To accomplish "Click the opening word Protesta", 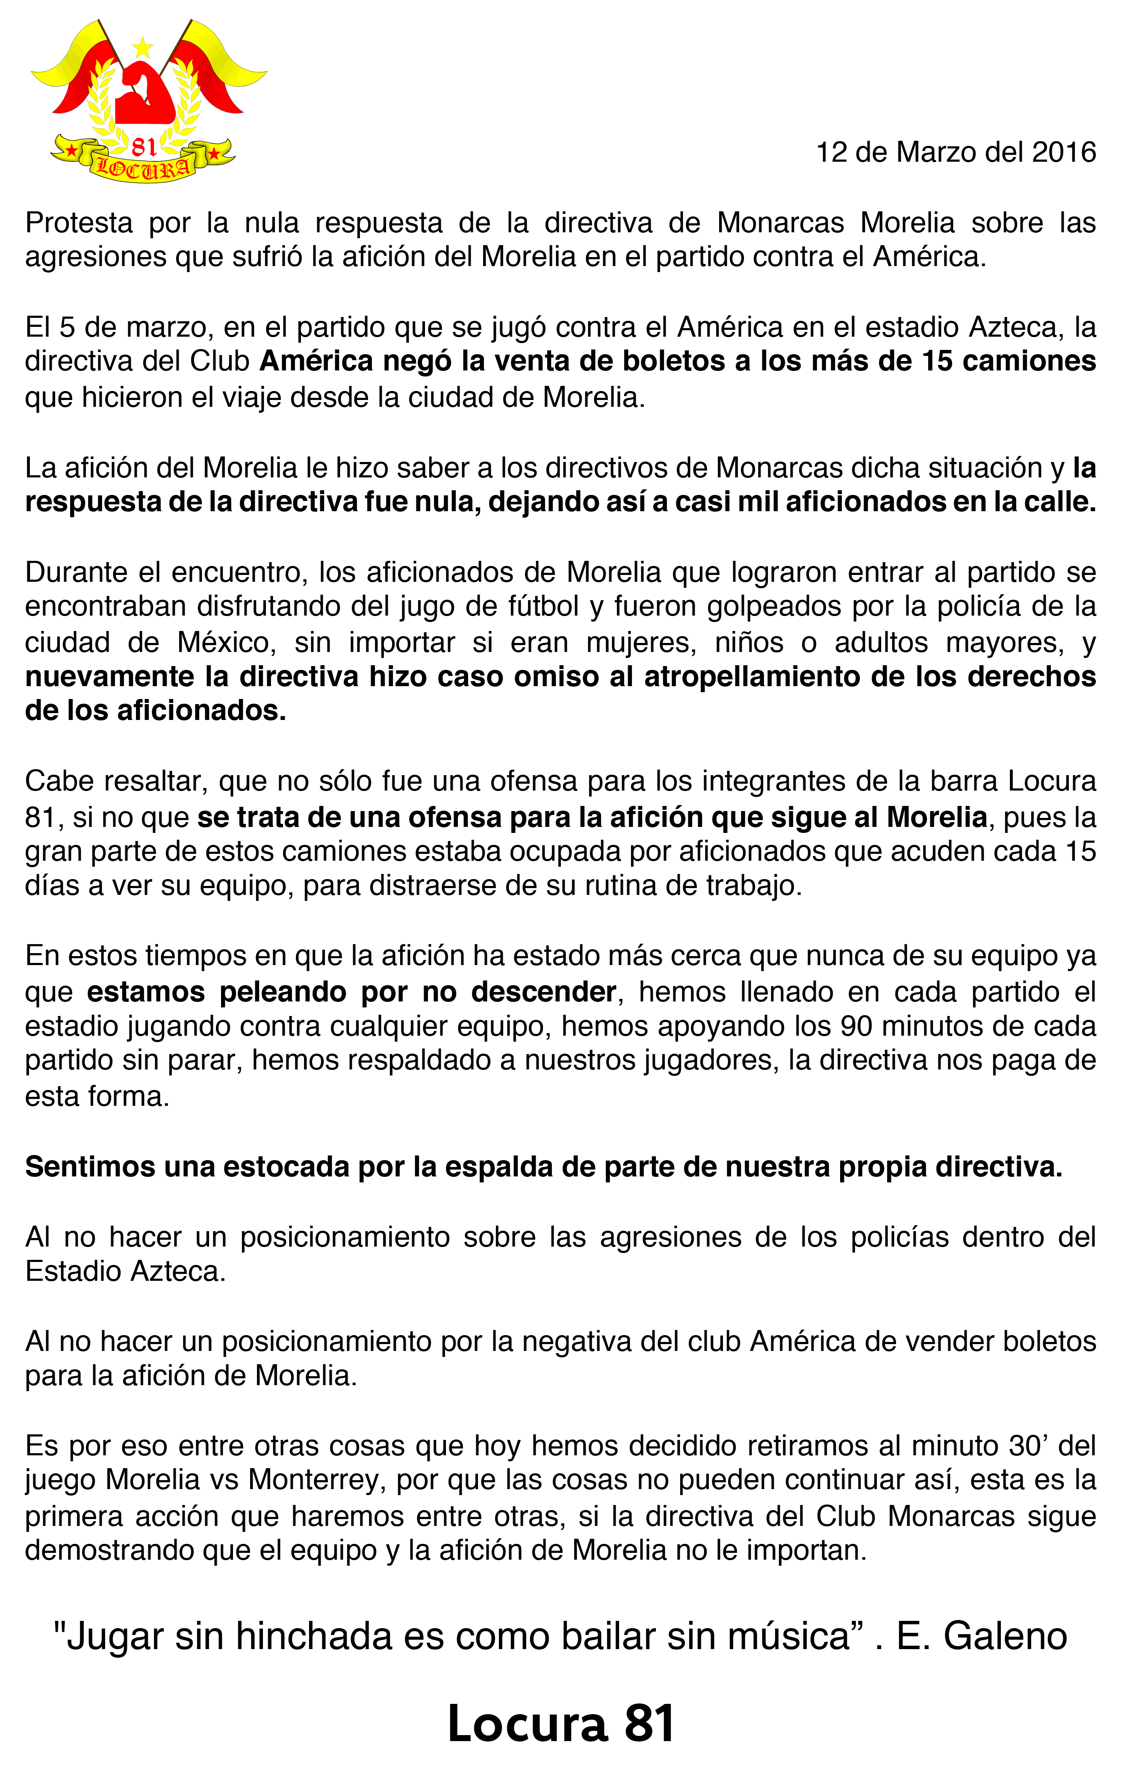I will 79,222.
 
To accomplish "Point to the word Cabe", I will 57,781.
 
